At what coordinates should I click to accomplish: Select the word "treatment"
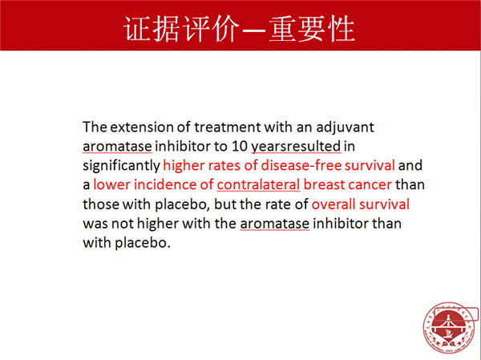pyautogui.click(x=228, y=127)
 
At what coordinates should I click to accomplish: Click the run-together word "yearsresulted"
pyautogui.click(x=296, y=147)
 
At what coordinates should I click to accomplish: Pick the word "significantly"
pyautogui.click(x=122, y=166)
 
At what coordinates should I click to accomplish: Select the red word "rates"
pyautogui.click(x=224, y=166)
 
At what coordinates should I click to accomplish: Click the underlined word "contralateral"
pyautogui.click(x=258, y=184)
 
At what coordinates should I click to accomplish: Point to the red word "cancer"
pyautogui.click(x=370, y=185)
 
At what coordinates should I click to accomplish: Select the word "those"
pyautogui.click(x=101, y=204)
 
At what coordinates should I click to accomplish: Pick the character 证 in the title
pyautogui.click(x=137, y=29)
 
